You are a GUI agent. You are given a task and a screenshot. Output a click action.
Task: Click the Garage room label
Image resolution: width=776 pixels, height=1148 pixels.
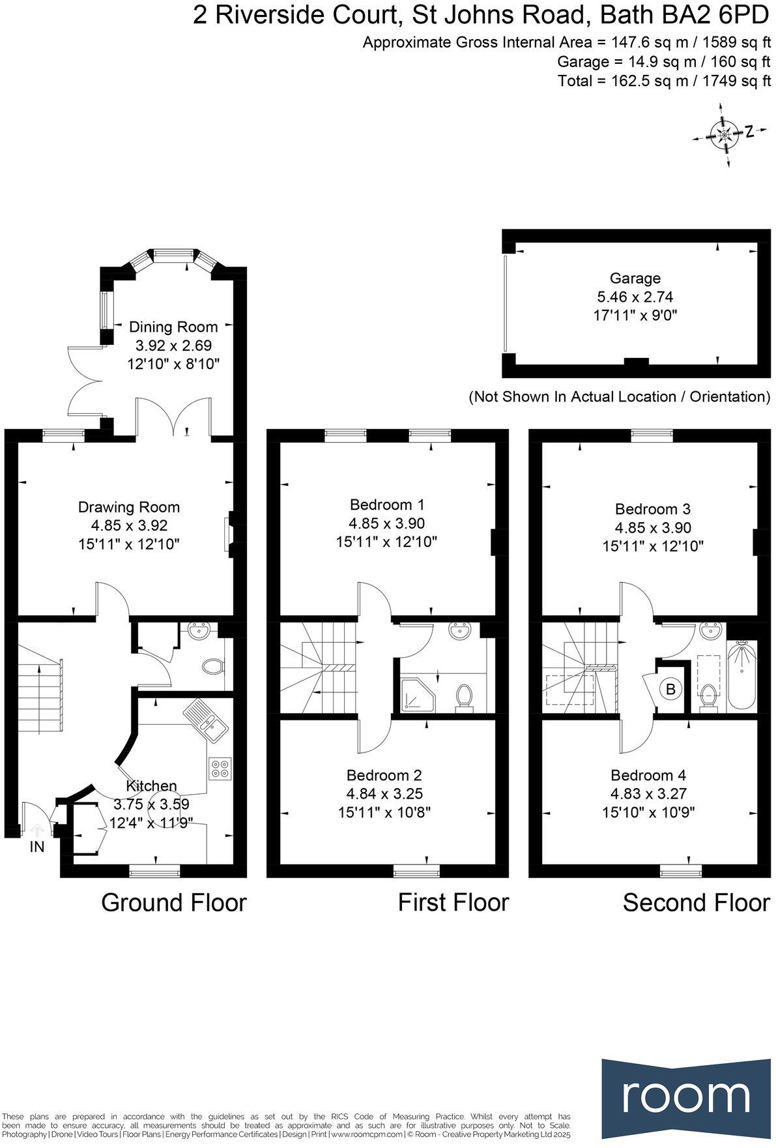click(635, 278)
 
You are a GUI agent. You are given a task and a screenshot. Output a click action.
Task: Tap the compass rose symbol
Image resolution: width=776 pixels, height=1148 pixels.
click(723, 135)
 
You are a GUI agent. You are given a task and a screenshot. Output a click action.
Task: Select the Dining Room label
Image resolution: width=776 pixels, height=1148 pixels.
click(173, 327)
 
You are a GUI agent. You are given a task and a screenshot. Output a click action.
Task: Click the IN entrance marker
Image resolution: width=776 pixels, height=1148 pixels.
click(36, 846)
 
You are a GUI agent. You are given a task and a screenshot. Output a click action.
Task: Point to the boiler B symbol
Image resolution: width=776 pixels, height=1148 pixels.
click(671, 688)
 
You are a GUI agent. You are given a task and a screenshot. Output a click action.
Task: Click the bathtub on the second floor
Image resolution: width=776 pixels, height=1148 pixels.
click(741, 675)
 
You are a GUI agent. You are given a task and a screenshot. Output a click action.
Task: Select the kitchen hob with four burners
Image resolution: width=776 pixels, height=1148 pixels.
click(220, 767)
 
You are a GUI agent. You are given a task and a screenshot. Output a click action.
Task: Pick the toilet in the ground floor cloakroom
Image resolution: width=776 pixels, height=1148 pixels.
click(212, 667)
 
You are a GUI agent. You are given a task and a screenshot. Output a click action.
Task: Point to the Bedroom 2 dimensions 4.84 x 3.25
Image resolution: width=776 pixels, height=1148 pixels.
click(384, 793)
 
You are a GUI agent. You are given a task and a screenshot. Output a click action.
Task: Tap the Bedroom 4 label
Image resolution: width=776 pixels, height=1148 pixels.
click(648, 775)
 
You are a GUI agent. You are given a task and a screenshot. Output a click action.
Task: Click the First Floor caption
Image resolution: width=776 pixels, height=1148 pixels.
click(453, 902)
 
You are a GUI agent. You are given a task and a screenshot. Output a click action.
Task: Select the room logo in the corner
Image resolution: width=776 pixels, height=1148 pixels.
click(686, 1097)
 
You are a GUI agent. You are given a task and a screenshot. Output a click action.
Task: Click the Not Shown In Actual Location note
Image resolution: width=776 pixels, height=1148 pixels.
click(619, 396)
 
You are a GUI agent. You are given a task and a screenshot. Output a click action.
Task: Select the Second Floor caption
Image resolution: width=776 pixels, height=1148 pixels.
click(696, 902)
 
